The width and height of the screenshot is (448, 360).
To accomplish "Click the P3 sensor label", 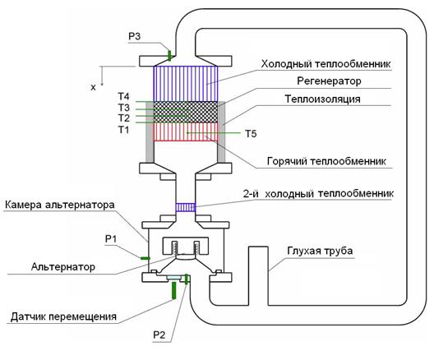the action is pos(134,36).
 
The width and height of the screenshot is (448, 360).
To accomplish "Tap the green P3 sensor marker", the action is pos(169,55).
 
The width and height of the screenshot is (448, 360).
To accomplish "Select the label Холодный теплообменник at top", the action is pos(326,64).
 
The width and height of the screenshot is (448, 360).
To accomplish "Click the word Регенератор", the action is pos(329,81).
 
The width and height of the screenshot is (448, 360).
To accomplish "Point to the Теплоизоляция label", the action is pos(322,99).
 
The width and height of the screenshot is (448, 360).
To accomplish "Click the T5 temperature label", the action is pos(251,134).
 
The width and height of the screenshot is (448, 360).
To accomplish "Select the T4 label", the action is pos(124,96).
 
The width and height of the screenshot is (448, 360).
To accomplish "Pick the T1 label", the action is pos(124,130).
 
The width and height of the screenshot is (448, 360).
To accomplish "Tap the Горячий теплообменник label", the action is pos(326,161).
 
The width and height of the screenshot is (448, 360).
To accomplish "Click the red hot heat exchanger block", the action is pos(186,132).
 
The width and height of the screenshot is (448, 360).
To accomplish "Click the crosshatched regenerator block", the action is pos(186,112).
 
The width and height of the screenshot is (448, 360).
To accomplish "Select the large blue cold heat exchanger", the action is pos(186,84).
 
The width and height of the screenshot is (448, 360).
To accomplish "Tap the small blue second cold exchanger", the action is pos(186,207).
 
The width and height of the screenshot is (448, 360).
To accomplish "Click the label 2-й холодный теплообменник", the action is pos(318,194).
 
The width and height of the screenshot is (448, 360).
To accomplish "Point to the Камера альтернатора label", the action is pos(60,205).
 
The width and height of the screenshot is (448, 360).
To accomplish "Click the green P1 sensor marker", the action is pos(145,258).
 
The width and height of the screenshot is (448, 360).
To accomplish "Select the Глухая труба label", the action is pos(320,251).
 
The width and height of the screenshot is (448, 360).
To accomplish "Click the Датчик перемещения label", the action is pos(63,317).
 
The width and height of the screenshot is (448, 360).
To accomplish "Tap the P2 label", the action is pos(159,335).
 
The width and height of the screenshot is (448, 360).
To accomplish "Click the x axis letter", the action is pos(93,87).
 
